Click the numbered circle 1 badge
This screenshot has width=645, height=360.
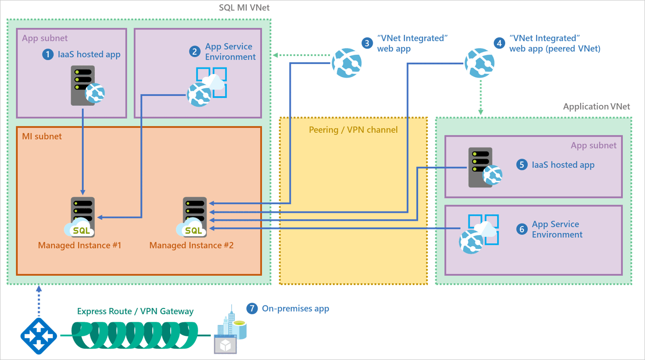point(48,54)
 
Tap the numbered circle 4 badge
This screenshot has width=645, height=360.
point(499,43)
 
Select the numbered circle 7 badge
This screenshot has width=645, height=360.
point(252,308)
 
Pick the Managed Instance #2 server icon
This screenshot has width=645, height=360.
point(194,216)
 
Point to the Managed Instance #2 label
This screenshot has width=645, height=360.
point(191,245)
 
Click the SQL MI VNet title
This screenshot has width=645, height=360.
point(244,7)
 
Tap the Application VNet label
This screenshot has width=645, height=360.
point(596,106)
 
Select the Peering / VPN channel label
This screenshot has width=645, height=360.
point(353,130)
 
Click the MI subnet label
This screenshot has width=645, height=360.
point(42,136)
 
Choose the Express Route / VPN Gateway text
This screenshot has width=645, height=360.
point(135,311)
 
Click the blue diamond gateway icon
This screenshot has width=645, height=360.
point(39,336)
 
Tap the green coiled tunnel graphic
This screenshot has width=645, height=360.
point(135,335)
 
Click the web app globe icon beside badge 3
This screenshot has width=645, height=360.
point(347,63)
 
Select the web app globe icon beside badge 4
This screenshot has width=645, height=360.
point(480,63)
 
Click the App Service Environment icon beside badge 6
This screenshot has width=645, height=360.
point(479,234)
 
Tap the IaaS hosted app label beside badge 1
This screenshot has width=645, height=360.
point(89,54)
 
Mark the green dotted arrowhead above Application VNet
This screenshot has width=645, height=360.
point(481,112)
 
